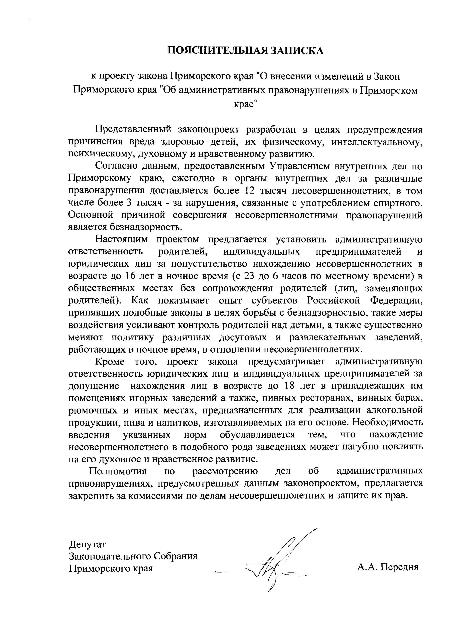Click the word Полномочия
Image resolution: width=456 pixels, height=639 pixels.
click(x=118, y=471)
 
